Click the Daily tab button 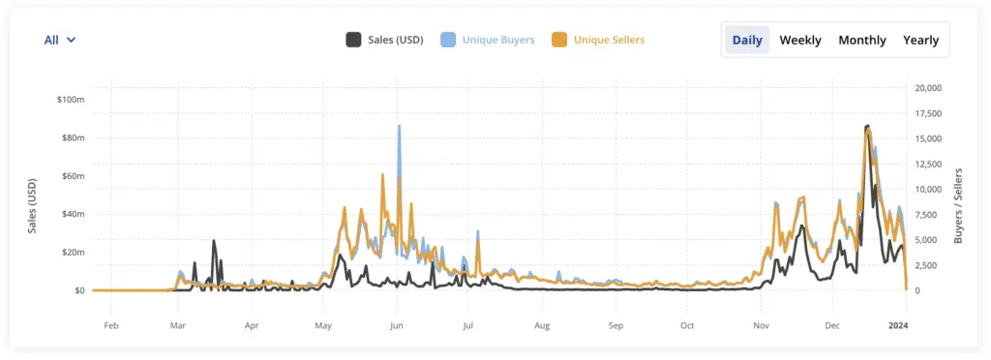746,40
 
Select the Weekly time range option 800,40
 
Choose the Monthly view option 861,40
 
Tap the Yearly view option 920,40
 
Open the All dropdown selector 60,40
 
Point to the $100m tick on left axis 71,100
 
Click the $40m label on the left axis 73,214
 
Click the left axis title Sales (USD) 33,205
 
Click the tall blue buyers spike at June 399,128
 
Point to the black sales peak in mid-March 214,242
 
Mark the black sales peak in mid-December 867,127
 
